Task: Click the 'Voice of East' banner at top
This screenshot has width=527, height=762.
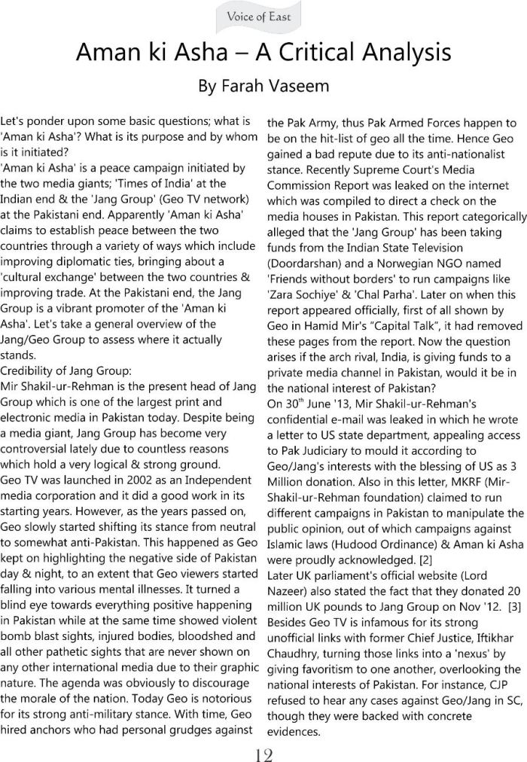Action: pyautogui.click(x=263, y=17)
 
